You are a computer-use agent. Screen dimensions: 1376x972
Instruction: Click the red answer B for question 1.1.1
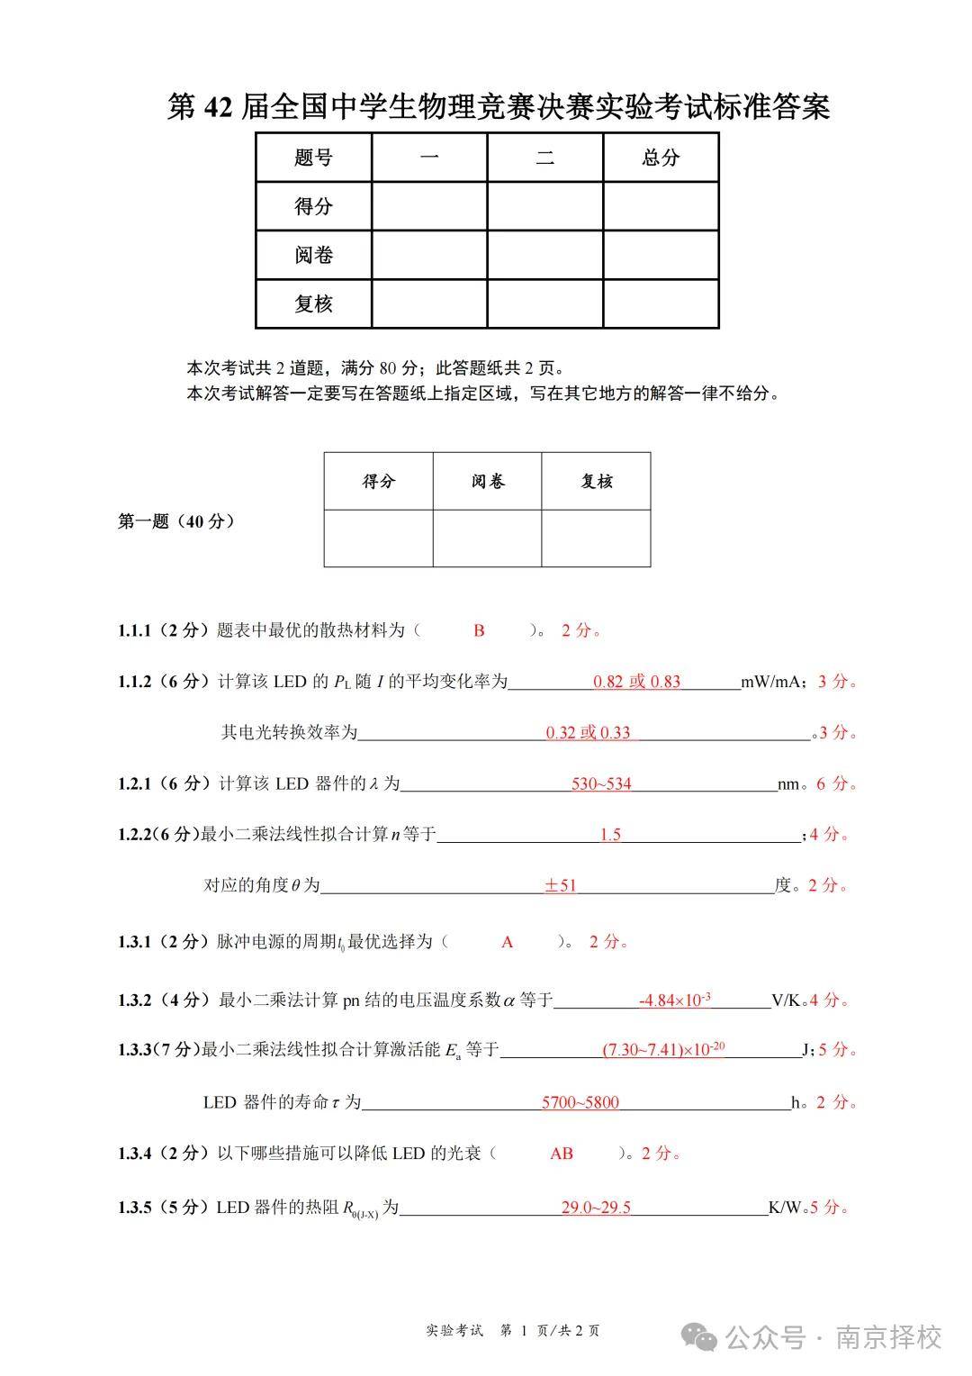coord(479,630)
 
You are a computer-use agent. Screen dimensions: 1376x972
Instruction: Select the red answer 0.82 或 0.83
coord(636,682)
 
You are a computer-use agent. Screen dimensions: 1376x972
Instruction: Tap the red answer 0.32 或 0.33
coord(588,732)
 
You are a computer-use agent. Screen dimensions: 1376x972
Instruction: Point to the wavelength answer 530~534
coord(601,783)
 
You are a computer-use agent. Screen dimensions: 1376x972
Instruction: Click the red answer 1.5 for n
coord(610,835)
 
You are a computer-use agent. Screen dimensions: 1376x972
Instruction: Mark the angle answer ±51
coord(560,885)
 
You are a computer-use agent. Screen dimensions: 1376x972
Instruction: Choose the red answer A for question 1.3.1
coord(507,942)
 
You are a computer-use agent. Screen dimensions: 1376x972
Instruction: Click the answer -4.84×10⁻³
coord(675,1000)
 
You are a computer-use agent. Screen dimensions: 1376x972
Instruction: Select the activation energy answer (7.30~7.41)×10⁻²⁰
coord(663,1049)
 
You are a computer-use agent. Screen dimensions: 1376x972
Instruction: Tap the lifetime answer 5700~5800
coord(580,1102)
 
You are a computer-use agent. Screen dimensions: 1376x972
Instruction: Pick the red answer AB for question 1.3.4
coord(561,1153)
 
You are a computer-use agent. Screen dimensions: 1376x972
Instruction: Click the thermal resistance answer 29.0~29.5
coord(596,1207)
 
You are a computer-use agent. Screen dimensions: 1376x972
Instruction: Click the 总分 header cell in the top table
coord(661,158)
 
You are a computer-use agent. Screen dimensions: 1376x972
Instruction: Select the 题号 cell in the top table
coord(313,158)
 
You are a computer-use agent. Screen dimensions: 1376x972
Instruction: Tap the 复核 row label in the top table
coord(313,304)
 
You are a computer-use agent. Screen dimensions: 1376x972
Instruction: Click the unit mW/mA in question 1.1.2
coord(771,682)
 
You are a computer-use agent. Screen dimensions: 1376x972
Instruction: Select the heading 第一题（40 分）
coord(176,521)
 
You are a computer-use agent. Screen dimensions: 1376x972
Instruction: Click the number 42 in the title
coord(220,107)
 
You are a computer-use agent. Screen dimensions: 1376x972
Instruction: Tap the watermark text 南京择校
coord(888,1337)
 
